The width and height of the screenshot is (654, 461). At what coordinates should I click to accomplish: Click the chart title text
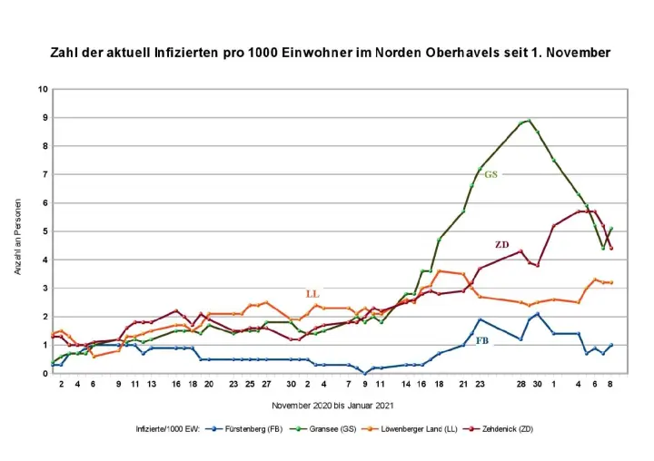pos(330,53)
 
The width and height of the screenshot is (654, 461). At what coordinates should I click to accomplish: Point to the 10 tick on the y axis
pos(42,89)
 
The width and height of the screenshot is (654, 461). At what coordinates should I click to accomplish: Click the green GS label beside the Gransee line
pos(490,174)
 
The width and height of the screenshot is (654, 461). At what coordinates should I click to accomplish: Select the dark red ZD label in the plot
pos(501,244)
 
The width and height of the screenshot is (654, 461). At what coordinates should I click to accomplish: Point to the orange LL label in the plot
pos(312,294)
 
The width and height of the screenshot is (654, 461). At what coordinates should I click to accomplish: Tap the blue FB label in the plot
pos(483,341)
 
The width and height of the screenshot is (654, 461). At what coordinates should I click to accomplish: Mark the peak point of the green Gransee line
pos(530,120)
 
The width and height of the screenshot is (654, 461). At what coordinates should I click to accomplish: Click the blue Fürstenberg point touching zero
pos(365,373)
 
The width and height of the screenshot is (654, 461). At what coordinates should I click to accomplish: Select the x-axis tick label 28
pos(521,385)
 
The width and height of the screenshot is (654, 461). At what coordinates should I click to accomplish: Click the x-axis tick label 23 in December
pos(480,385)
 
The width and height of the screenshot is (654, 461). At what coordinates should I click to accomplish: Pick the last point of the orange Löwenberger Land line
pos(611,282)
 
